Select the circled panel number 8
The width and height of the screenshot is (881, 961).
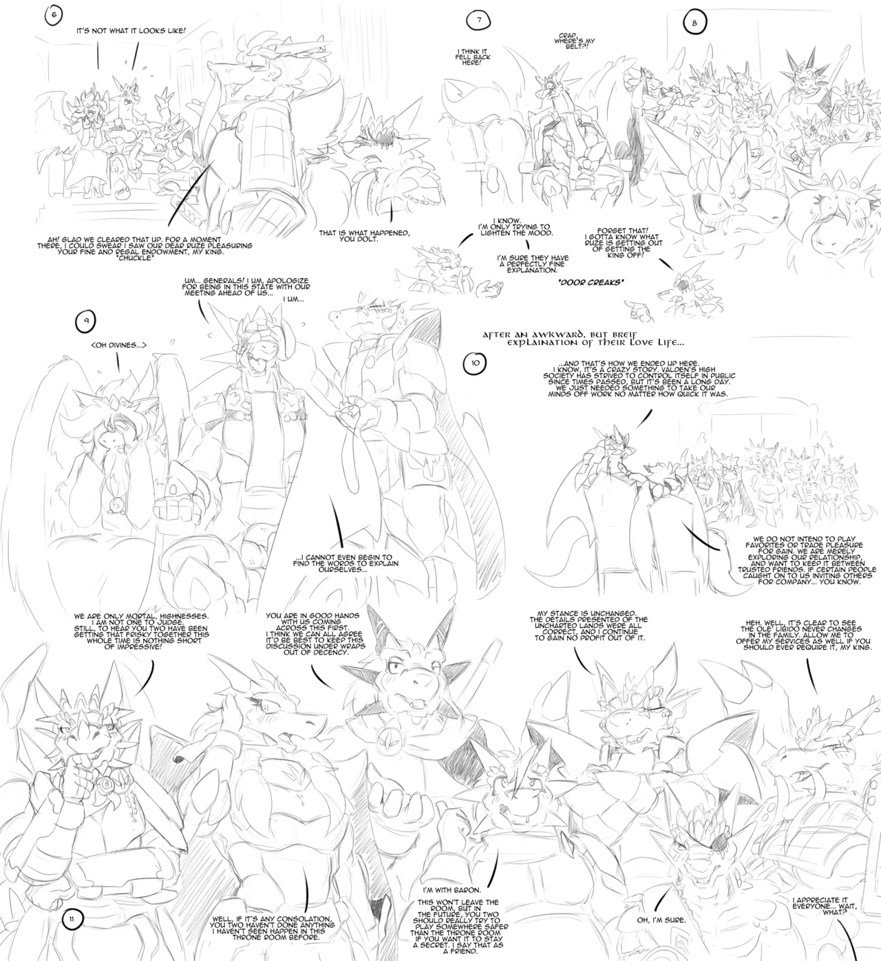click(693, 23)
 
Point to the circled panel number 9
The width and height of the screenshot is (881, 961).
click(85, 320)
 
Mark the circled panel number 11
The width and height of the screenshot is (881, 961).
click(73, 917)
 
